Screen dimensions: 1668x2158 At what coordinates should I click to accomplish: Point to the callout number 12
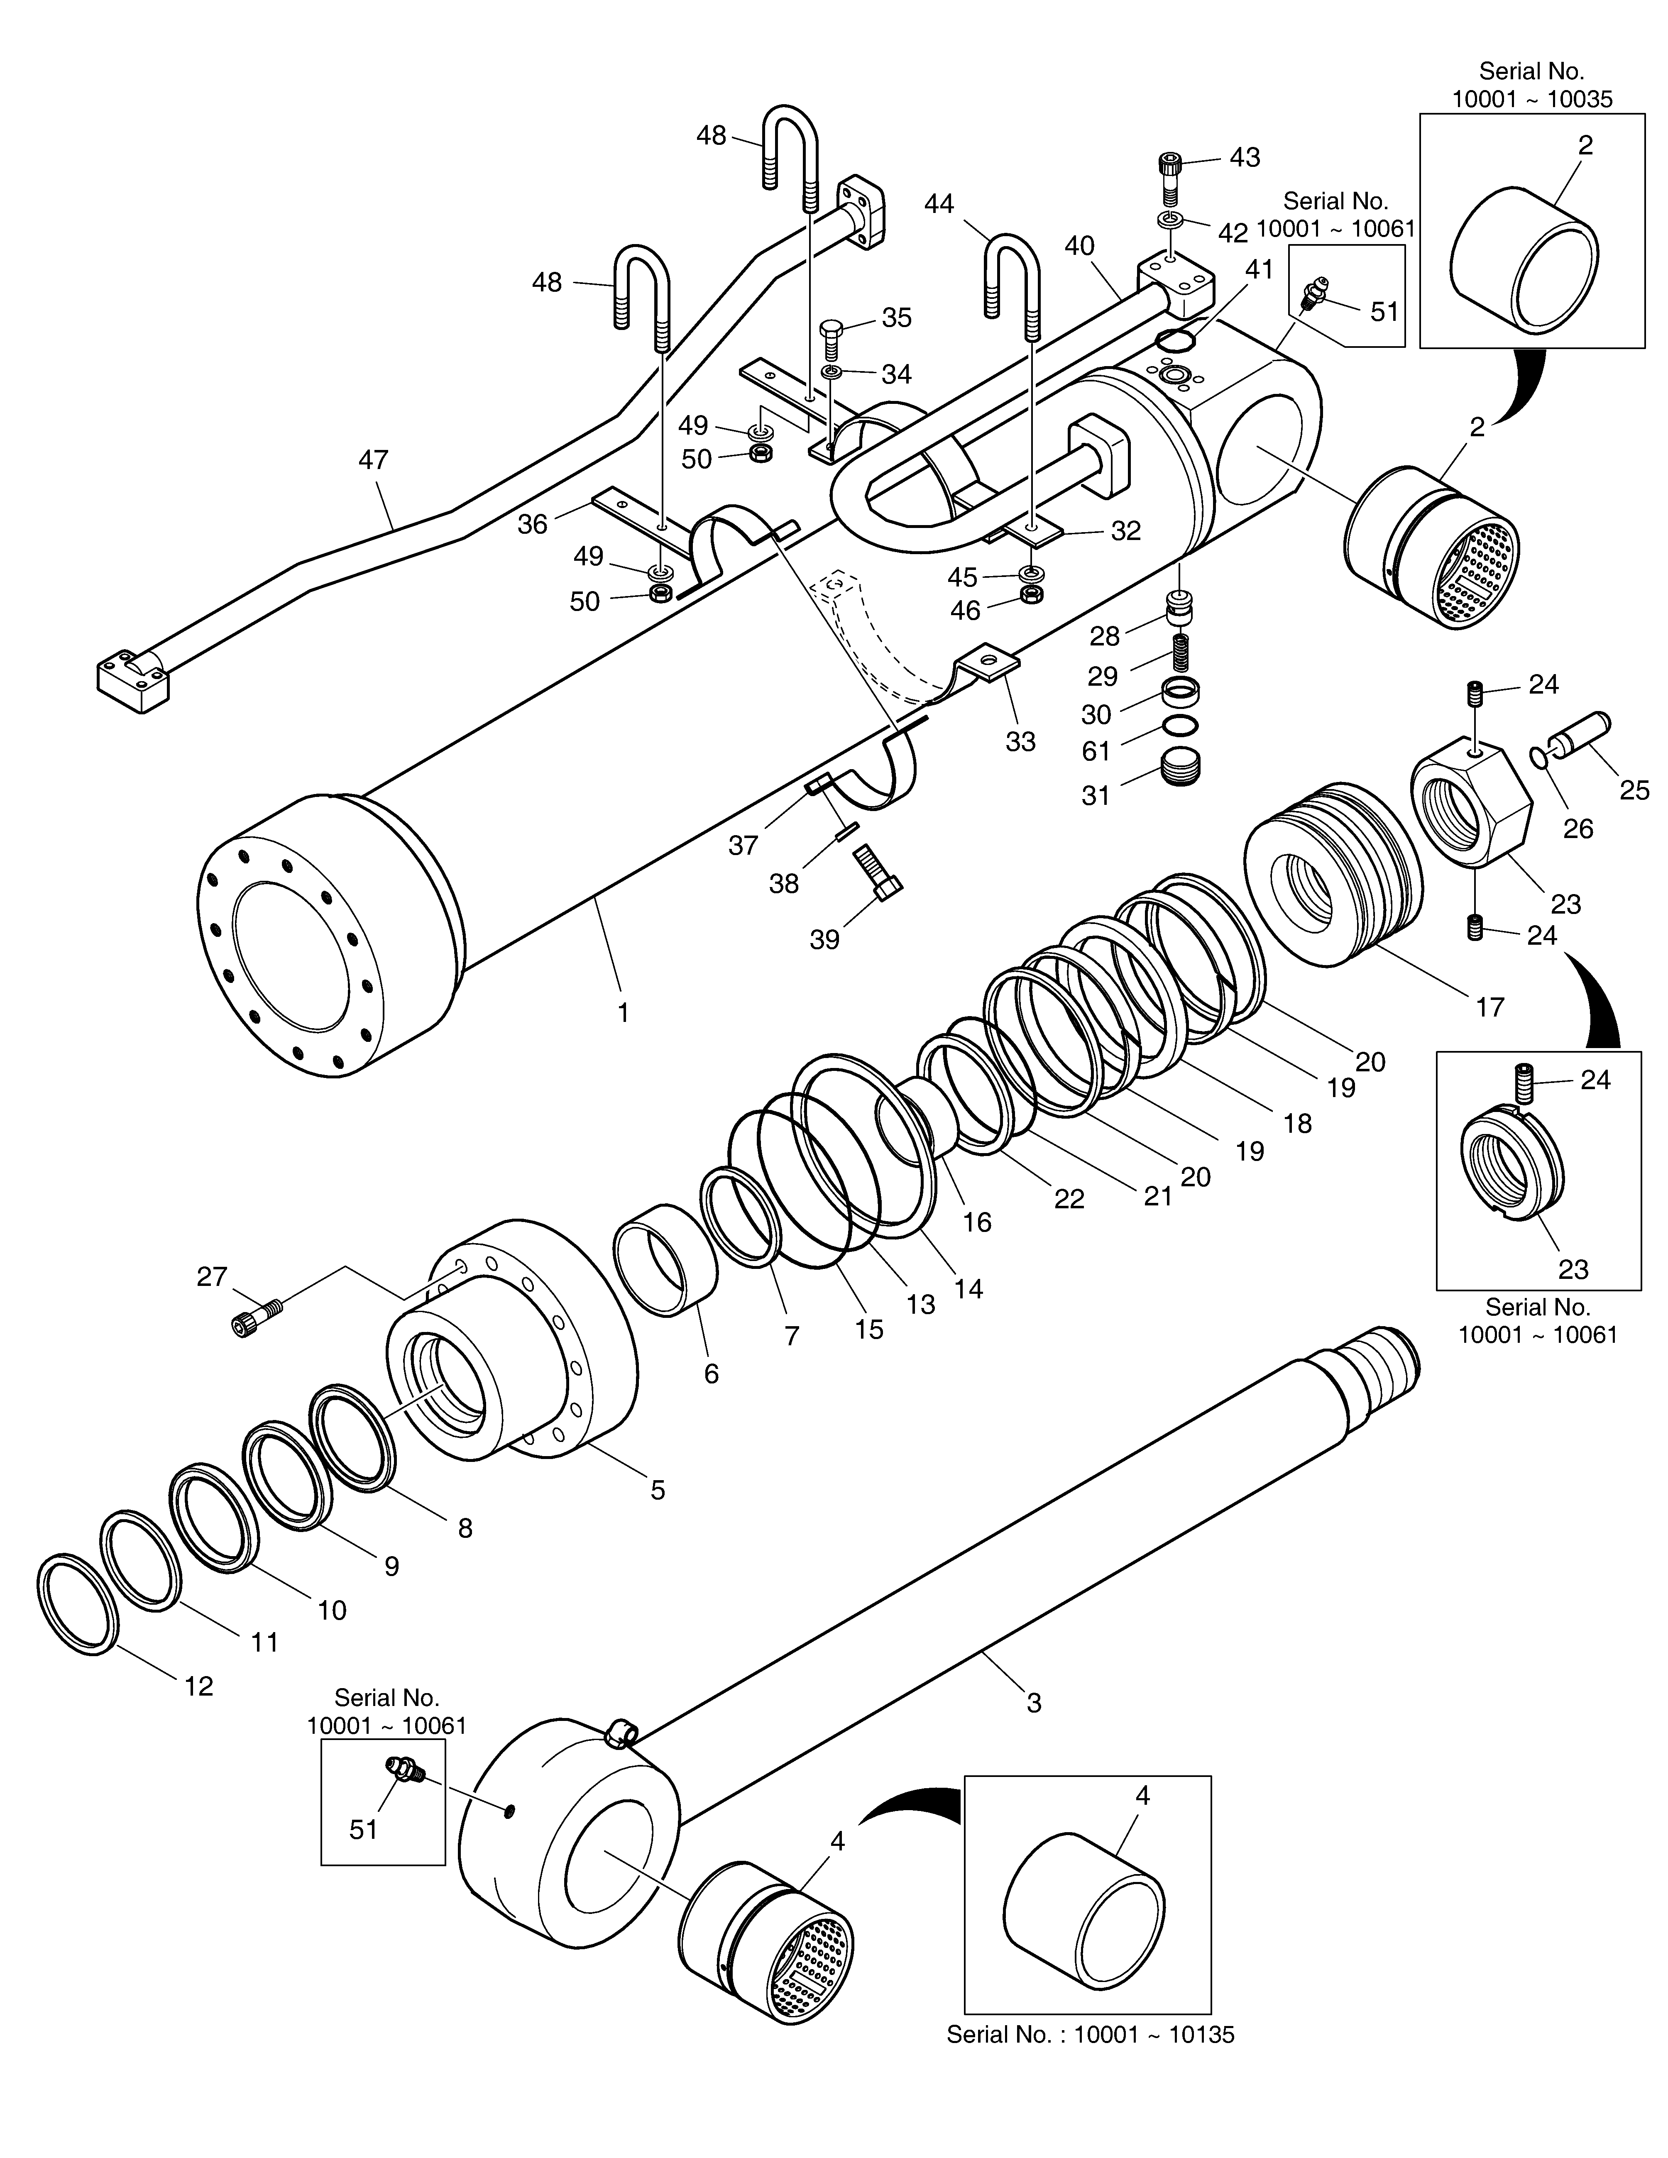(x=198, y=1686)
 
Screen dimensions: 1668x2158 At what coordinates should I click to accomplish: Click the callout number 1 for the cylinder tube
(x=623, y=1013)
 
